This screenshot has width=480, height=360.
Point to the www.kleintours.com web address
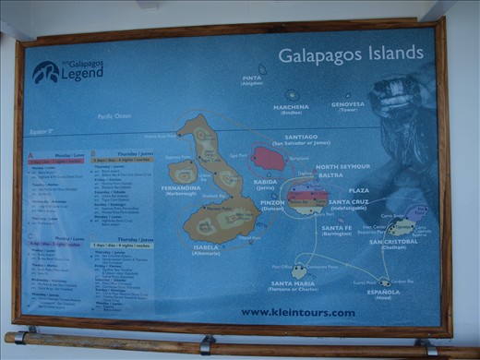(x=298, y=312)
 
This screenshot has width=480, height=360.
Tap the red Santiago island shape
(x=269, y=158)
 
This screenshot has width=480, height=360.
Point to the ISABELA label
(x=206, y=247)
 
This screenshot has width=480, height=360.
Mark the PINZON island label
(x=272, y=202)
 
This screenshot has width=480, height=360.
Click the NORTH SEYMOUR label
(x=342, y=167)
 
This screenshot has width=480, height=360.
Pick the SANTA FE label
(x=336, y=227)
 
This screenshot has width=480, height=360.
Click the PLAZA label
(x=359, y=190)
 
